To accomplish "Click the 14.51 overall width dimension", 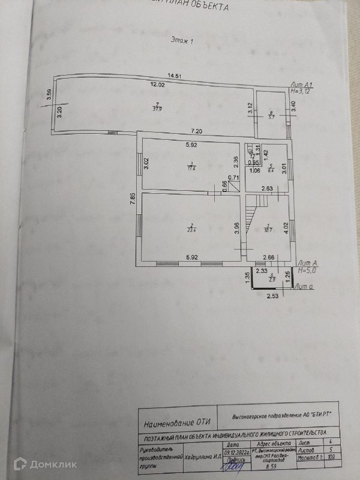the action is click(x=175, y=76).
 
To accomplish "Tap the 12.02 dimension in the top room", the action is click(x=157, y=85).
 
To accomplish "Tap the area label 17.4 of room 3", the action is click(x=190, y=167).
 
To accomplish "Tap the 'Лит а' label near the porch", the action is click(x=305, y=287).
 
